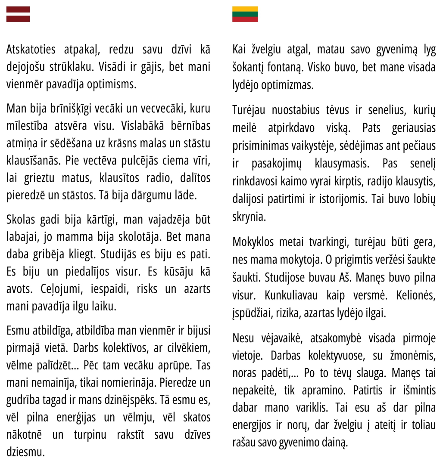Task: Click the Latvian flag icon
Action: coord(18,14)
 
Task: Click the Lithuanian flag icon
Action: coord(245,14)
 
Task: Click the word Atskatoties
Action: coord(31,50)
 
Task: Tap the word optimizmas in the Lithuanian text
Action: coord(284,84)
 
